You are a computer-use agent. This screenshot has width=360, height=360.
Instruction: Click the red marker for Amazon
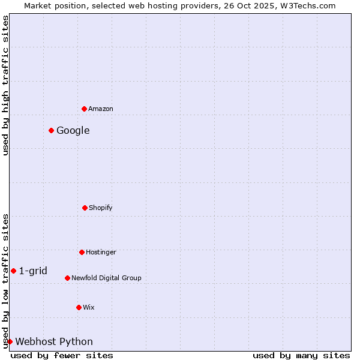[84, 109]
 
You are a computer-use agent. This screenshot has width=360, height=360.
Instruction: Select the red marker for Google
[51, 130]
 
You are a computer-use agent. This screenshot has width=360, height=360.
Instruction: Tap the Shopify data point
[85, 208]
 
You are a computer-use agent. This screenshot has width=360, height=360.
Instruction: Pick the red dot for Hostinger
[82, 252]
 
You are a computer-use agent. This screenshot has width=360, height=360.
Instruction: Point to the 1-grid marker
[13, 271]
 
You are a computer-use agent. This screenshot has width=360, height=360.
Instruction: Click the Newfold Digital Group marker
[67, 278]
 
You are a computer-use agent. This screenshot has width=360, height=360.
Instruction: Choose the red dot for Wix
[79, 307]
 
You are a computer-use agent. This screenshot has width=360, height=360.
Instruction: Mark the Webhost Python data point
[10, 341]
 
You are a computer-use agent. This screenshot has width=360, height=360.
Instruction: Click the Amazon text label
[101, 109]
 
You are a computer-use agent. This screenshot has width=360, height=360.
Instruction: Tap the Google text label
[73, 130]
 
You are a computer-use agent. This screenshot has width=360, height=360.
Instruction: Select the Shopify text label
[101, 208]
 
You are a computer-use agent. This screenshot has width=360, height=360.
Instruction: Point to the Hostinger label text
[101, 252]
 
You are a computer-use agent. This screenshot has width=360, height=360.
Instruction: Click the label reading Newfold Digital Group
[106, 278]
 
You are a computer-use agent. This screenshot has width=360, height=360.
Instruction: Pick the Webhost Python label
[54, 341]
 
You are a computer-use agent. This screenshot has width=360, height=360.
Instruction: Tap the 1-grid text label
[33, 271]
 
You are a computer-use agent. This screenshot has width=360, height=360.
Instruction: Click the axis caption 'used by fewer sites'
[62, 355]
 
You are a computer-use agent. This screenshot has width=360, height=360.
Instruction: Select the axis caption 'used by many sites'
[301, 355]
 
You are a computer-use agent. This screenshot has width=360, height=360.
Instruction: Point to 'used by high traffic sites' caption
[5, 85]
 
